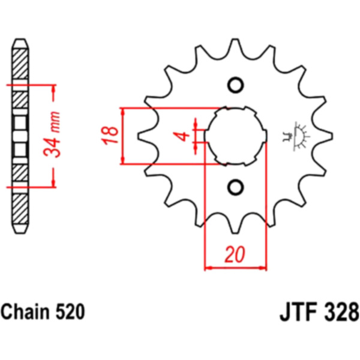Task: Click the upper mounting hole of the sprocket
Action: tap(236, 85)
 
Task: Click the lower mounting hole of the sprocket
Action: tap(236, 187)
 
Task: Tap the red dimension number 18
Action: tap(110, 136)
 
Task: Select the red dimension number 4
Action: tap(183, 136)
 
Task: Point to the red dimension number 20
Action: tap(235, 254)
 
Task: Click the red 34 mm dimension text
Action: tap(52, 134)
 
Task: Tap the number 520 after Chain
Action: tap(70, 311)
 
